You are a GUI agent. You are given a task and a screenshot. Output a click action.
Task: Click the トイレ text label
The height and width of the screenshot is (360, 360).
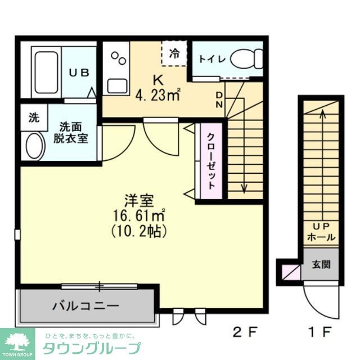pyautogui.click(x=211, y=58)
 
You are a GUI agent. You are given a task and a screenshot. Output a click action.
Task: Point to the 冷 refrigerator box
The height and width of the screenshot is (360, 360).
pyautogui.click(x=174, y=54)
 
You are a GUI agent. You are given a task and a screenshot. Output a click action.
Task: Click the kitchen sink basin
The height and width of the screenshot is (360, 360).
pyautogui.click(x=118, y=85)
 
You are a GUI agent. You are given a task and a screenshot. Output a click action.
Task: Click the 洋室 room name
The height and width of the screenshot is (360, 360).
pyautogui.click(x=140, y=200)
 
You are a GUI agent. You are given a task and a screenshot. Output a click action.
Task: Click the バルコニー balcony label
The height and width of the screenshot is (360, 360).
pyautogui.click(x=85, y=306)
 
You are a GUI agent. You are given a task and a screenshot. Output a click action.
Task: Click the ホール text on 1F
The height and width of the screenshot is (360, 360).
pyautogui.click(x=321, y=238)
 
